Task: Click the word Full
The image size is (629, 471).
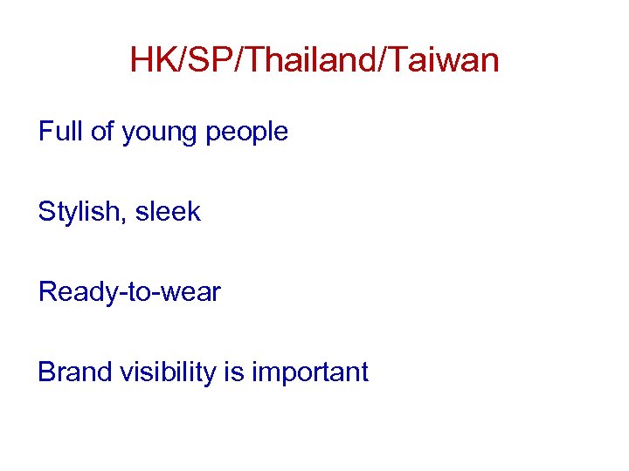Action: point(60,132)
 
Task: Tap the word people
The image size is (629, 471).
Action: point(251,133)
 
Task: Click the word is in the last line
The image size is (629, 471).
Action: point(233,372)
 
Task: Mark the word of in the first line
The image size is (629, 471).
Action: point(103,132)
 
